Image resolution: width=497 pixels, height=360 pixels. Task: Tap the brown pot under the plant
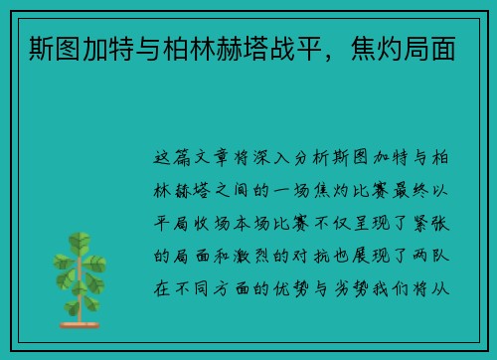[x=79, y=322]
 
